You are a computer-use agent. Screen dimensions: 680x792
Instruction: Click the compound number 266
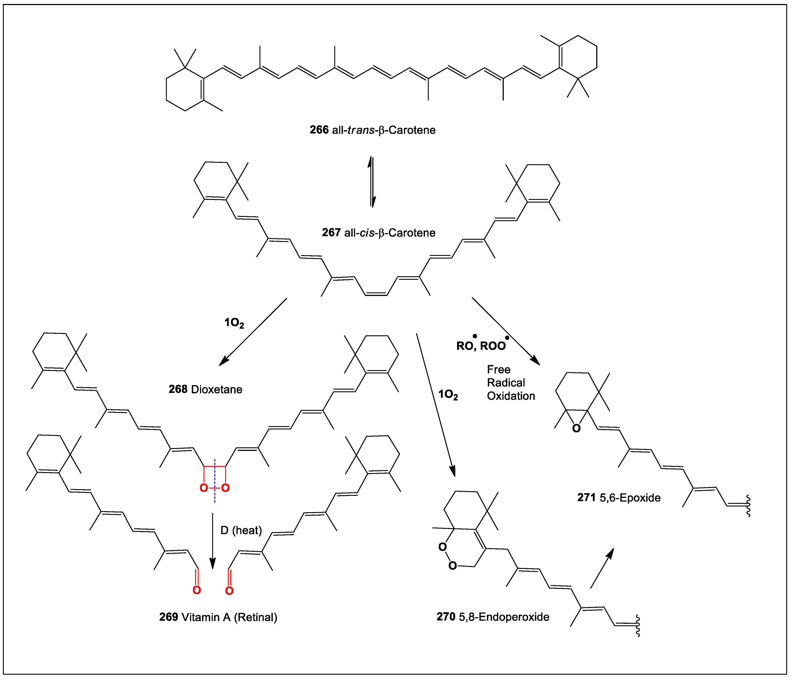(319, 130)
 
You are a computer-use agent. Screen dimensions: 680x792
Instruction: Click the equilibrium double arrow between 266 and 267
(371, 182)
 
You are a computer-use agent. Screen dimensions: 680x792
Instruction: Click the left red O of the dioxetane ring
(204, 488)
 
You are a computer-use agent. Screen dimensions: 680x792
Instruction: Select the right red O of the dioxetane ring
(225, 488)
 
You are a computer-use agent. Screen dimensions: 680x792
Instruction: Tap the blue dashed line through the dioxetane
(215, 470)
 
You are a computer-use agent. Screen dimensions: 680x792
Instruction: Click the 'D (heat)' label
(241, 530)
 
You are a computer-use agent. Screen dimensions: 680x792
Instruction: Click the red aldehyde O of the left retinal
(196, 590)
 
